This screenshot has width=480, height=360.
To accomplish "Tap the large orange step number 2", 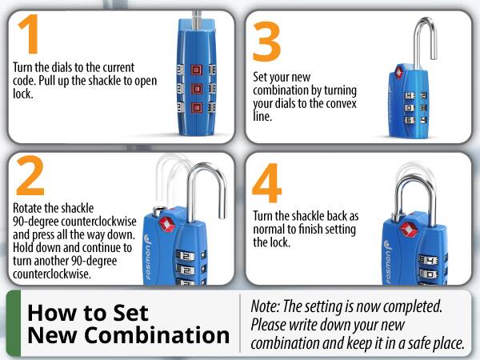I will [30, 178].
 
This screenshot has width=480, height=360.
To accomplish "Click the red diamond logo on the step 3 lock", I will [400, 74].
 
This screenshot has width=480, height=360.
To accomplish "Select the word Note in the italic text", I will [266, 306].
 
